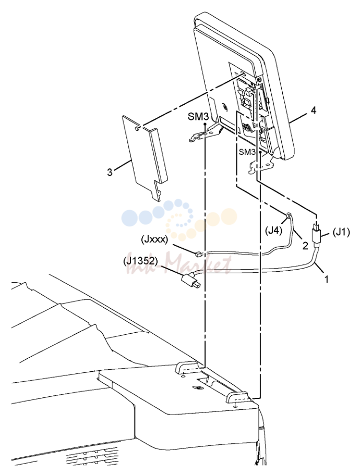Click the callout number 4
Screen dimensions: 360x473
coord(314,111)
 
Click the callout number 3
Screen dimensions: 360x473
coord(110,172)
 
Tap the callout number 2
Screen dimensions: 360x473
coord(305,246)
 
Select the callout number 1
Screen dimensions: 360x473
coord(327,279)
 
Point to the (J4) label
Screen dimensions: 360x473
coord(273,231)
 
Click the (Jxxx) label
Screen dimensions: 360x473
coord(154,240)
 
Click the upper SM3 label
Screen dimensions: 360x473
coord(199,117)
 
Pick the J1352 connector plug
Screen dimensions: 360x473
coord(189,281)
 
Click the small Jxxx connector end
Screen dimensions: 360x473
coord(198,254)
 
